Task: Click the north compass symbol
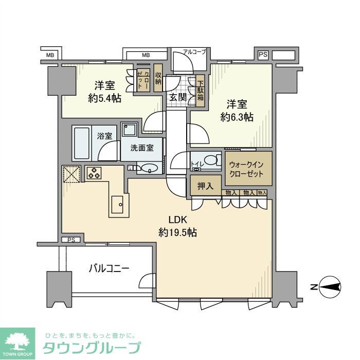330,286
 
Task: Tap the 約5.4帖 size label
104,98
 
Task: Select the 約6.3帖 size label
237,117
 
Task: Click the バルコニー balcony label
109,268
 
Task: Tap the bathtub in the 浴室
84,143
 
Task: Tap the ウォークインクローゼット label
246,169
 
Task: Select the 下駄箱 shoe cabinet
200,91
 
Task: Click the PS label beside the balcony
70,240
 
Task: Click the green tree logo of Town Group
17,341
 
